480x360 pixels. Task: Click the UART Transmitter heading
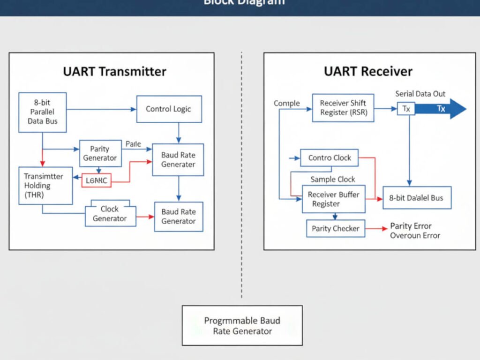click(x=114, y=71)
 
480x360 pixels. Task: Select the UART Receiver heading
click(x=368, y=71)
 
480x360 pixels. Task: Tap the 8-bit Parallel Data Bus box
click(x=42, y=112)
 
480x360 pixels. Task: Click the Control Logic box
click(x=169, y=109)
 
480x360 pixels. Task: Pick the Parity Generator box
click(x=100, y=153)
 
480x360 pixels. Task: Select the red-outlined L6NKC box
click(x=97, y=180)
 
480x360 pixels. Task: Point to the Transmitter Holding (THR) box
click(x=45, y=185)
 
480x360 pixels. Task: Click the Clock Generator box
click(x=110, y=214)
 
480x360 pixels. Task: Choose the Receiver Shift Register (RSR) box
click(x=343, y=108)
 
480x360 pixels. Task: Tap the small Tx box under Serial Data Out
click(x=406, y=109)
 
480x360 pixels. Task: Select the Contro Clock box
click(x=330, y=158)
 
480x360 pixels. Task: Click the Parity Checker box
click(x=336, y=229)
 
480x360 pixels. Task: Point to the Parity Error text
click(x=411, y=226)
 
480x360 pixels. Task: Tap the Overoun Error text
click(x=415, y=235)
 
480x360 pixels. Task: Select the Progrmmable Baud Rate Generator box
click(x=242, y=326)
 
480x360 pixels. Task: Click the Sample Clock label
click(x=333, y=179)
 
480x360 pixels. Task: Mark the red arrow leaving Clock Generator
click(x=145, y=217)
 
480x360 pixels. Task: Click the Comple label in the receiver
click(x=286, y=103)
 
